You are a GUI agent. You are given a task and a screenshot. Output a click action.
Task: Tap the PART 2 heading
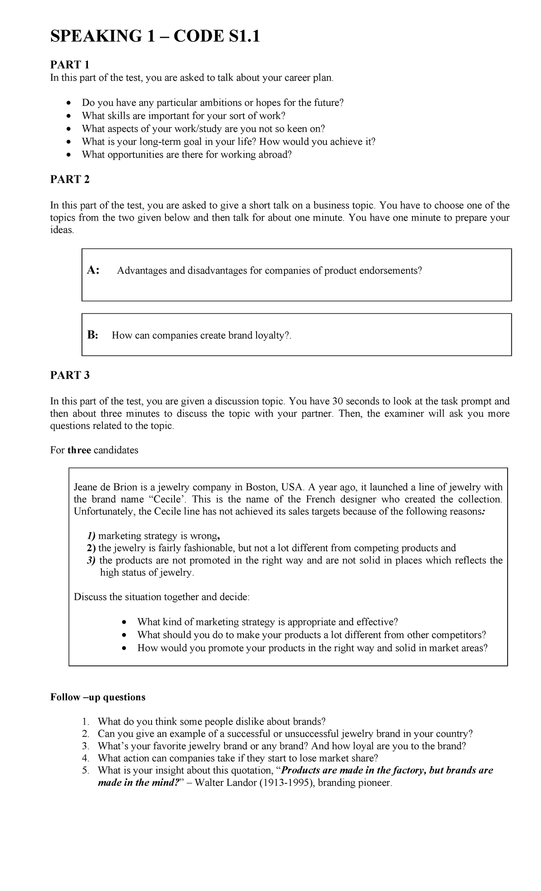tap(70, 179)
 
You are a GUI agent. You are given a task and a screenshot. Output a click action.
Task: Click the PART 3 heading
tap(70, 375)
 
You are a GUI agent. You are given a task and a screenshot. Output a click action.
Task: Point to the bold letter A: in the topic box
tap(93, 271)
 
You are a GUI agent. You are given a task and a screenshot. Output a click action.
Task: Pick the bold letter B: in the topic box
tap(92, 335)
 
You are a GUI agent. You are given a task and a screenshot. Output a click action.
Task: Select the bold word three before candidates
tap(79, 450)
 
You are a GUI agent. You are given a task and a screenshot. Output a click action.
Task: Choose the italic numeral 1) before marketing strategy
tap(92, 536)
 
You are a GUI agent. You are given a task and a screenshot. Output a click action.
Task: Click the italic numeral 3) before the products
tap(92, 560)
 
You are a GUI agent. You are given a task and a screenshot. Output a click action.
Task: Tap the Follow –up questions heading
tap(98, 697)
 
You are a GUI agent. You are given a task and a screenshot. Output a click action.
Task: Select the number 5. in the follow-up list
tap(87, 770)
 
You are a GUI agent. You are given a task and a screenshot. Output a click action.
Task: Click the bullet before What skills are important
tap(69, 116)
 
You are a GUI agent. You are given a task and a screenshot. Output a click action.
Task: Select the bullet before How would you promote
tap(124, 648)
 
